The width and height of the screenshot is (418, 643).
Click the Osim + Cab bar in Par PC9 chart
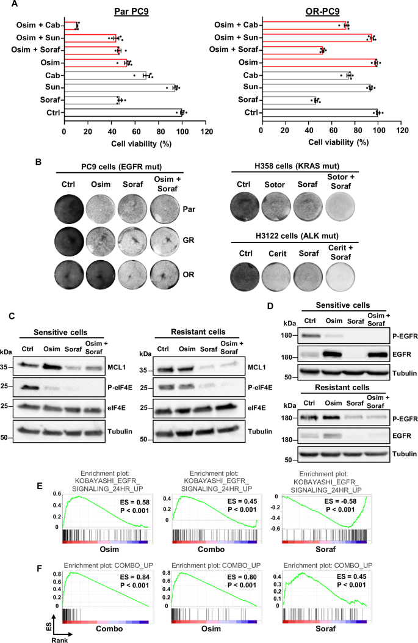[x=71, y=26]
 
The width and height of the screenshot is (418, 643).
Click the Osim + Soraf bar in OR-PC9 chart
[x=292, y=50]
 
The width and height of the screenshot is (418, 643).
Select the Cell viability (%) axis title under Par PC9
[x=135, y=142]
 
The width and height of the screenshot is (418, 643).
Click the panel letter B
[x=39, y=162]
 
